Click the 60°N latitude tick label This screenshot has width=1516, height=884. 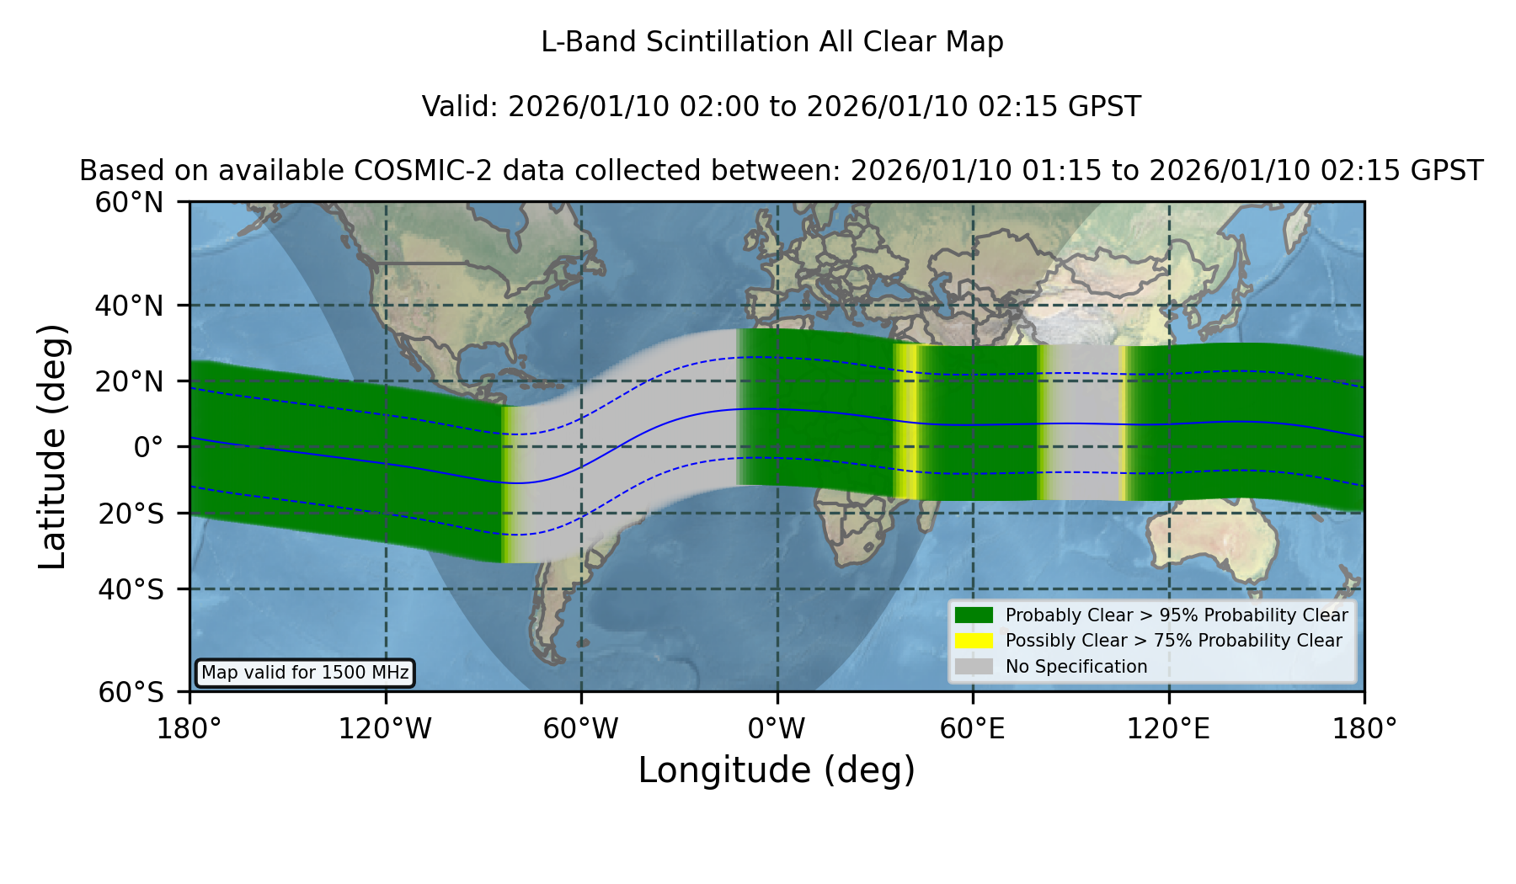tap(129, 202)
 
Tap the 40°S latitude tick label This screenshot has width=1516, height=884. tap(131, 588)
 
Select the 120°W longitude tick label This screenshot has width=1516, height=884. tap(385, 728)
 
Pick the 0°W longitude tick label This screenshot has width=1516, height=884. tap(777, 728)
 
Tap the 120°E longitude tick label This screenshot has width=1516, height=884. tap(1168, 728)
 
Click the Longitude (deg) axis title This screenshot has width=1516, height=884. tap(777, 770)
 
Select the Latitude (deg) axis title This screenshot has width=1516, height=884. tap(52, 446)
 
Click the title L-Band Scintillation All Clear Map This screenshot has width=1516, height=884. tap(772, 42)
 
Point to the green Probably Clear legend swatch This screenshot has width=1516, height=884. tap(974, 615)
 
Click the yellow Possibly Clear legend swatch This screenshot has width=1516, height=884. tap(974, 640)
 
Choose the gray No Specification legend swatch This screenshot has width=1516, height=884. tap(974, 666)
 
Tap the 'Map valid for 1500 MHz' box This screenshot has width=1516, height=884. tap(305, 673)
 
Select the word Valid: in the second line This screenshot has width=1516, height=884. tap(461, 107)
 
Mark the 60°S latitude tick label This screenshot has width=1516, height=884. tap(131, 692)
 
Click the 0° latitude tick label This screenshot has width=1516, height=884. tap(148, 447)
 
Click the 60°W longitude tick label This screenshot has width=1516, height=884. tap(580, 728)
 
